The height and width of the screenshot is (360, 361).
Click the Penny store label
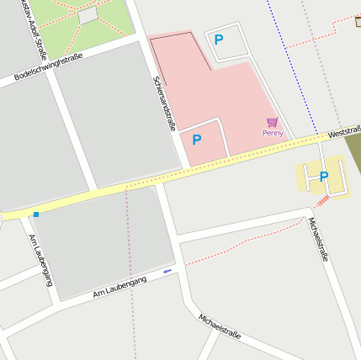[x=273, y=133]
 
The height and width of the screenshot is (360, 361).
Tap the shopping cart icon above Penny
[x=272, y=123]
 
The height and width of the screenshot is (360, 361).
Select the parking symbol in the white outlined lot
[x=219, y=39]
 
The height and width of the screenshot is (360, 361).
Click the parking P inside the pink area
[x=197, y=140]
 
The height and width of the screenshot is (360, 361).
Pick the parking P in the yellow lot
[x=323, y=177]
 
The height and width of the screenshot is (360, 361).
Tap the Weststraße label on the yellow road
[x=344, y=131]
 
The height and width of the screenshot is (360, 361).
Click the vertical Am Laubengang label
[x=41, y=260]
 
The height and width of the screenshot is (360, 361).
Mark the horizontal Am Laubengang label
[x=119, y=286]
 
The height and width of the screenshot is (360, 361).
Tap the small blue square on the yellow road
[x=36, y=214]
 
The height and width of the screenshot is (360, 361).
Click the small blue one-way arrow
[x=167, y=271]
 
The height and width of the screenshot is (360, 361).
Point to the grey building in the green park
[x=88, y=16]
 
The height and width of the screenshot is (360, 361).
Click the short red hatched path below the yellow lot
[x=321, y=202]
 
